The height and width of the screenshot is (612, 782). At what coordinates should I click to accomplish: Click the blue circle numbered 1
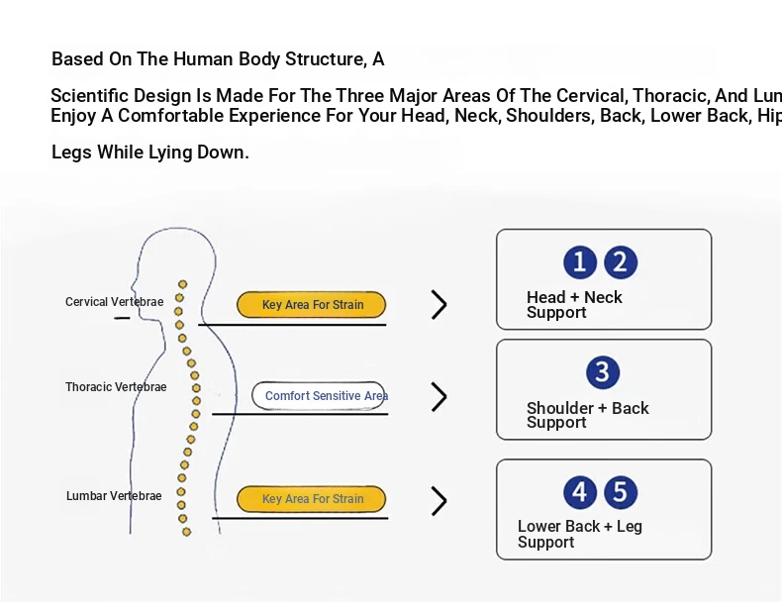click(x=580, y=262)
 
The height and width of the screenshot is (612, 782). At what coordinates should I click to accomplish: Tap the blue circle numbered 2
click(x=621, y=262)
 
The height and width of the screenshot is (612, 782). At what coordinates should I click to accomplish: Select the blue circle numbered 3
click(x=602, y=372)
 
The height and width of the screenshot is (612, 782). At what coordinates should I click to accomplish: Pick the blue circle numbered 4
click(x=580, y=492)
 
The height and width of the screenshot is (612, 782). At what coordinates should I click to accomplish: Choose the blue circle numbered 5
click(x=621, y=492)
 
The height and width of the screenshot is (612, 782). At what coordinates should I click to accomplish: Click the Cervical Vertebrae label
click(x=114, y=302)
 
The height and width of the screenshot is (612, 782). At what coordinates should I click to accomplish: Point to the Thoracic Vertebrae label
click(x=116, y=387)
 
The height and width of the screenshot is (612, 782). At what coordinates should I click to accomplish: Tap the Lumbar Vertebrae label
click(x=114, y=496)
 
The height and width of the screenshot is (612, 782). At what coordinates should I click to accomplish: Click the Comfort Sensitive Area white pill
click(x=319, y=396)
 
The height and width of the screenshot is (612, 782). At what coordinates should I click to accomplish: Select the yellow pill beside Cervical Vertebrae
click(x=312, y=305)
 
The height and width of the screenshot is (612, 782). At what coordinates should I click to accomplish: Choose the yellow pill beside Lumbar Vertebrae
click(x=312, y=499)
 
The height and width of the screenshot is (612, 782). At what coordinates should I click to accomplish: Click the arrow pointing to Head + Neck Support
click(x=440, y=305)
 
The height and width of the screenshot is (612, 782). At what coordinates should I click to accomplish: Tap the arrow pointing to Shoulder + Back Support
click(x=440, y=397)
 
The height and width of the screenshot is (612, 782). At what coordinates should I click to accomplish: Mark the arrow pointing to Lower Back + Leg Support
click(x=440, y=501)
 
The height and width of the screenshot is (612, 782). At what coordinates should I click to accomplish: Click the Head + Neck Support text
click(x=574, y=305)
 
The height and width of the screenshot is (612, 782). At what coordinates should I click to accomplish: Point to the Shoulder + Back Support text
click(x=587, y=415)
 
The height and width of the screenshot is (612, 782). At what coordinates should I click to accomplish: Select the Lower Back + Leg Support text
click(x=579, y=535)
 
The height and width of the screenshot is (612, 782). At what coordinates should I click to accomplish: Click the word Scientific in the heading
click(x=89, y=96)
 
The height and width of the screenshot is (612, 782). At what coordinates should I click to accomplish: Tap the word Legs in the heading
click(x=71, y=153)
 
